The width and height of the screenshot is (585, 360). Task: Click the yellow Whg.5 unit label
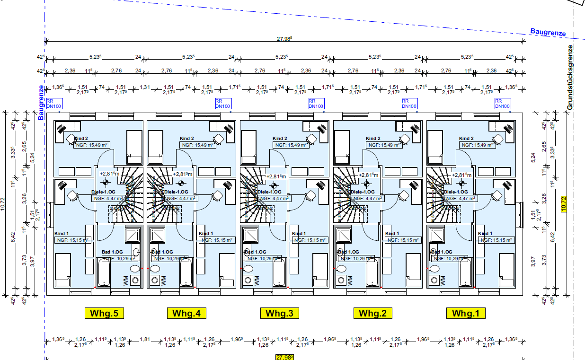coord(104,313)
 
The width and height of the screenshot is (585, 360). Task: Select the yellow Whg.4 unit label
coord(186,313)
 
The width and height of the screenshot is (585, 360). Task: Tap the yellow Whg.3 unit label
coord(279,313)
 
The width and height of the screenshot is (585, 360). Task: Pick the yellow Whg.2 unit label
coord(372,313)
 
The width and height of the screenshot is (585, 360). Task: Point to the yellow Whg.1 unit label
coord(466,313)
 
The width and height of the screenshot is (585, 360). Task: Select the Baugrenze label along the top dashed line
coord(548,33)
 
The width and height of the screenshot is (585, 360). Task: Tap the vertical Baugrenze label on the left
coord(41,103)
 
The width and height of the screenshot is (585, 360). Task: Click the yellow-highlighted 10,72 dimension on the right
coord(563,203)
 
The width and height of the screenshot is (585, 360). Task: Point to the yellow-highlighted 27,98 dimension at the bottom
coord(284,357)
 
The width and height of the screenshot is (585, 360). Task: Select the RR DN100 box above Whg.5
coord(54,104)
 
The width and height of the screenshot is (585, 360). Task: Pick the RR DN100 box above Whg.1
coord(502,104)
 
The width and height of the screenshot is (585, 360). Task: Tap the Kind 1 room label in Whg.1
coord(485,234)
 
